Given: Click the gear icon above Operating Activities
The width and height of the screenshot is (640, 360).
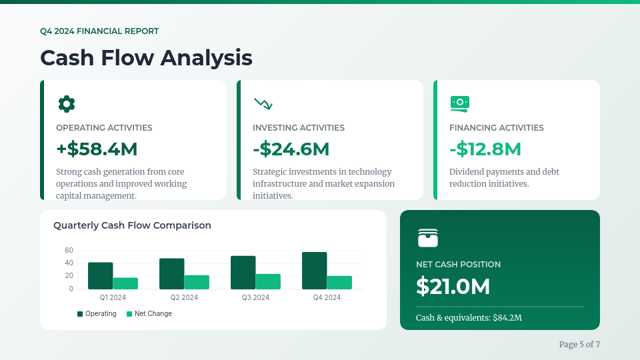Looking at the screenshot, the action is (x=67, y=104).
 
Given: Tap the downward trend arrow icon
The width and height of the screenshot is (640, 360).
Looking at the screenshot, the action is (x=263, y=104).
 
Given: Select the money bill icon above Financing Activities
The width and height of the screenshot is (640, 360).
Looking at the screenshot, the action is (x=459, y=104).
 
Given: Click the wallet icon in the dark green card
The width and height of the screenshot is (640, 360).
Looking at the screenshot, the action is (x=428, y=238).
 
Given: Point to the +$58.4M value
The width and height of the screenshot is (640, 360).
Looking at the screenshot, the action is (x=97, y=149).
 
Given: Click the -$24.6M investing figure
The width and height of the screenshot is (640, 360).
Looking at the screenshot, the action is (x=291, y=149).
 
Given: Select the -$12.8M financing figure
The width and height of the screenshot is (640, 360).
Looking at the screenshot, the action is (x=485, y=149).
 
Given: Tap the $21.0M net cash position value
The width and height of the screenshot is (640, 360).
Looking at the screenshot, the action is (x=453, y=286).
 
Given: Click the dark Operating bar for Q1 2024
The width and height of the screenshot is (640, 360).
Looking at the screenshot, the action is (x=101, y=276).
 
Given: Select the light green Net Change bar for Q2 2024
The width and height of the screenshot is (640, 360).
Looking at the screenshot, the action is (x=197, y=283).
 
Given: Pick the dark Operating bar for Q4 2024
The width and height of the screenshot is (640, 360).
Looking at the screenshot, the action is (x=314, y=271).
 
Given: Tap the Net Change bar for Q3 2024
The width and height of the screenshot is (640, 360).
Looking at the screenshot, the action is (x=268, y=281).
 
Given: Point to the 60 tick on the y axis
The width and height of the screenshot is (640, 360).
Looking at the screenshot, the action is (x=69, y=250).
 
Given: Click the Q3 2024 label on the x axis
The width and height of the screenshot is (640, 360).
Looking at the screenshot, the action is (x=255, y=297).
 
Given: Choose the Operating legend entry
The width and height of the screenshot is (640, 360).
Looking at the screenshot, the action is (x=97, y=313).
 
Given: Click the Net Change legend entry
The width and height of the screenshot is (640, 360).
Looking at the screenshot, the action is (x=149, y=313).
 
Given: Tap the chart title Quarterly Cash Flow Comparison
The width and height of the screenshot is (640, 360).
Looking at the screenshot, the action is (x=132, y=225).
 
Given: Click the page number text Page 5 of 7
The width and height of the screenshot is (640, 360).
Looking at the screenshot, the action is (x=579, y=345).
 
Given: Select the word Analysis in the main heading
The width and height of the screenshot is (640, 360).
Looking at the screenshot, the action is (x=206, y=58).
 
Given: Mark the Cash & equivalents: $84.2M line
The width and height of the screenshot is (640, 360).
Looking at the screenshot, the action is (x=469, y=317).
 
